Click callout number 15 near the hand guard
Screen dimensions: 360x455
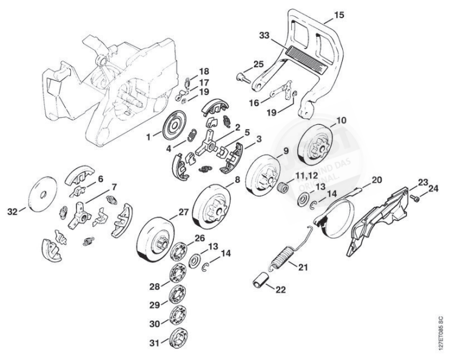(x=339, y=14)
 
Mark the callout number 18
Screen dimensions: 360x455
(x=204, y=71)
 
